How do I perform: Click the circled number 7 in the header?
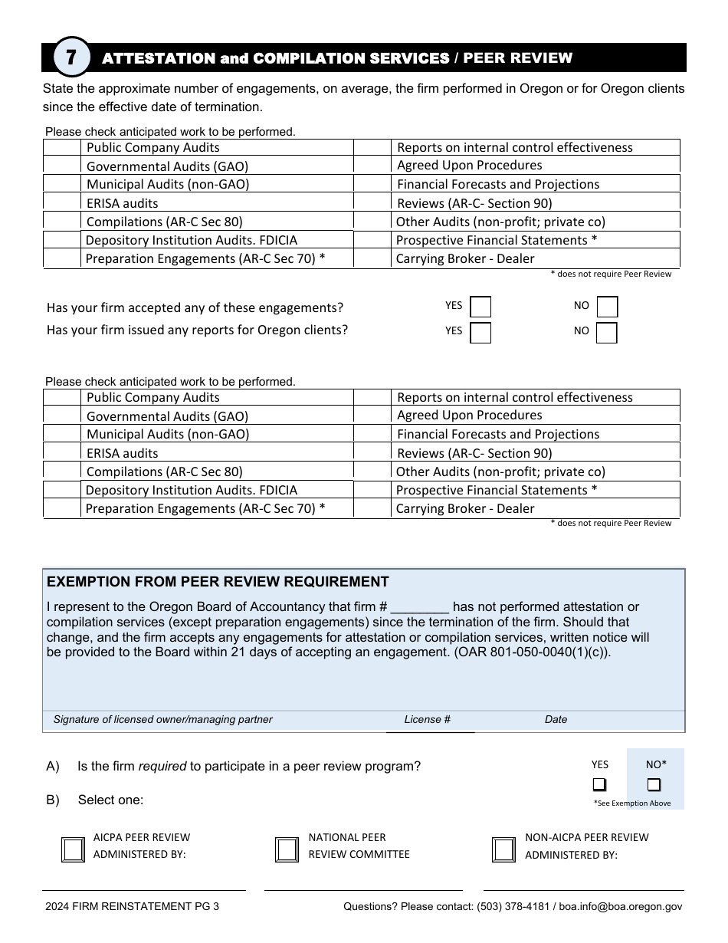tap(71, 58)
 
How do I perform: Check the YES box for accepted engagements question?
tap(480, 307)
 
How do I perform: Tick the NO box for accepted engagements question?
tap(607, 307)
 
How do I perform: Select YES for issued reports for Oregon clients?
tap(480, 332)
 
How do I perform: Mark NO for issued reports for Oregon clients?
tap(607, 332)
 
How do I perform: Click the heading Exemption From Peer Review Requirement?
tap(218, 582)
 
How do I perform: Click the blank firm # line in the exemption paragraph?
tap(419, 607)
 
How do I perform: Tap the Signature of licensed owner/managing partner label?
tap(163, 719)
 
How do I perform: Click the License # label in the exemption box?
tap(428, 719)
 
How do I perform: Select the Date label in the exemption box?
tap(556, 719)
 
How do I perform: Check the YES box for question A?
tap(599, 784)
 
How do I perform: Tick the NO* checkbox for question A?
tap(654, 784)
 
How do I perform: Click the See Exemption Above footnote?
tap(632, 803)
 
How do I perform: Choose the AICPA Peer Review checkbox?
tap(73, 849)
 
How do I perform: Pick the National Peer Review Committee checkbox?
tap(287, 849)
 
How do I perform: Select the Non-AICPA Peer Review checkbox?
tap(504, 849)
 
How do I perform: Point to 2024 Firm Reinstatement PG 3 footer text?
tap(132, 906)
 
